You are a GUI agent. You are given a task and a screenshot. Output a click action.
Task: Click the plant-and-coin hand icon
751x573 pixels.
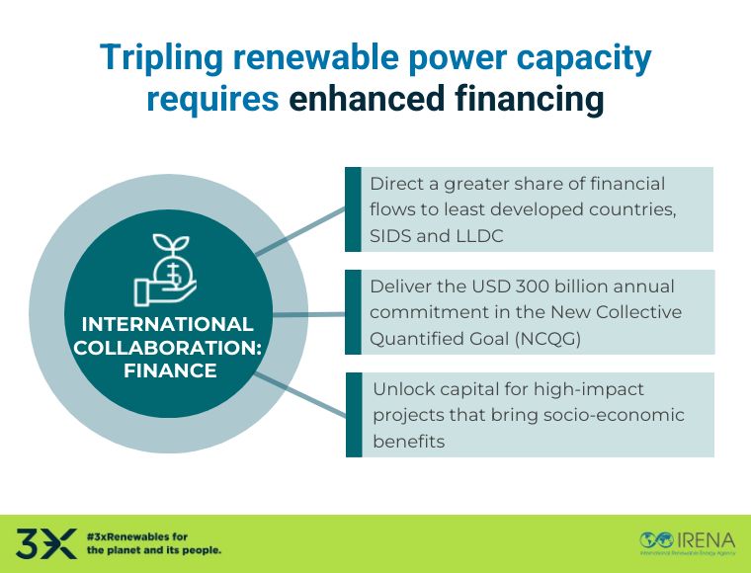[x=165, y=268]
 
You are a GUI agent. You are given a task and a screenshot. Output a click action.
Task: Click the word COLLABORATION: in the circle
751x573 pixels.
[x=166, y=348]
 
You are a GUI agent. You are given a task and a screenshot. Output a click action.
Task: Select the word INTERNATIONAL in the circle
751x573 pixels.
[x=166, y=324]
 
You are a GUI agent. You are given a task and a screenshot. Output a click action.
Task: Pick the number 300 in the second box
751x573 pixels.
[x=509, y=286]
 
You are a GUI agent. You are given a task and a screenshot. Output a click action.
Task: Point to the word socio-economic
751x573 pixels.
[x=623, y=415]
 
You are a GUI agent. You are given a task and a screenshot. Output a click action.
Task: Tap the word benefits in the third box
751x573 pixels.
[x=408, y=441]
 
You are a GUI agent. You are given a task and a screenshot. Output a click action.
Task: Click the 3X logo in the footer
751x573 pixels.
[x=45, y=542]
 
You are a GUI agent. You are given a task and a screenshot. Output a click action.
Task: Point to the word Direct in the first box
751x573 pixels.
[x=393, y=184]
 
